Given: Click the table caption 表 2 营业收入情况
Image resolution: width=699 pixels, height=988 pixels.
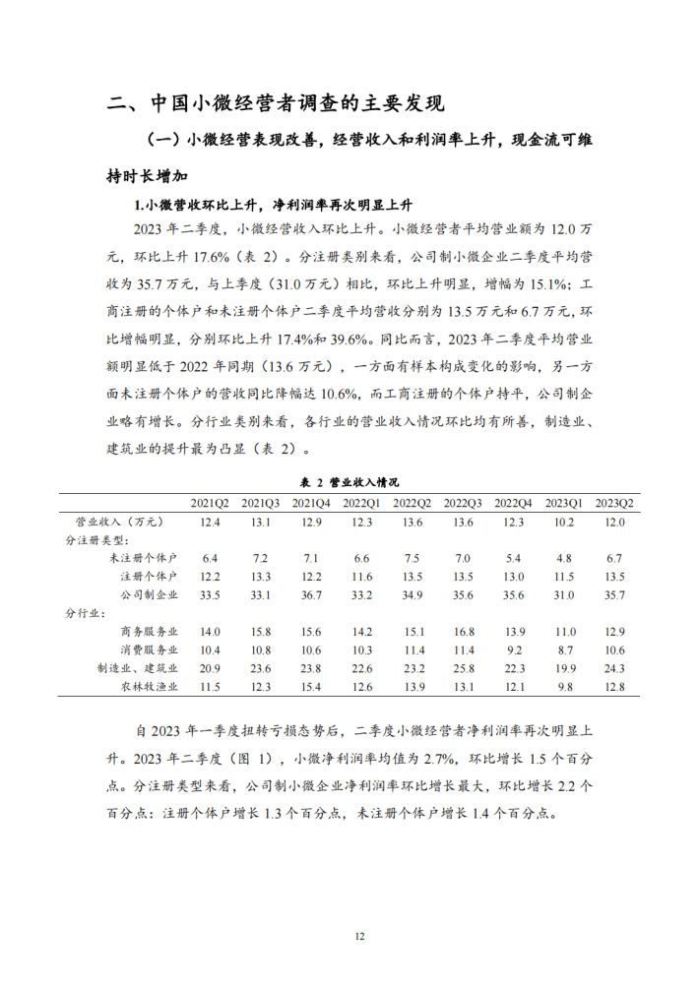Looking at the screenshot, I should pos(349,482).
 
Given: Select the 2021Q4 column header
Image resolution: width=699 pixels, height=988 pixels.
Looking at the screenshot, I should pos(311,502).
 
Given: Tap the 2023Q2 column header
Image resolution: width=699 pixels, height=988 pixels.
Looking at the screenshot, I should pos(615,502).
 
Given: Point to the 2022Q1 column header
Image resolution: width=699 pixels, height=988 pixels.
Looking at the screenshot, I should pos(361,502).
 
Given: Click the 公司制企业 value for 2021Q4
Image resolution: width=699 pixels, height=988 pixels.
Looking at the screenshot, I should pos(311,594).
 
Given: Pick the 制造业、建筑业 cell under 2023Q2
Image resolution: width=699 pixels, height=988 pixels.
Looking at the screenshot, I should pos(615,668).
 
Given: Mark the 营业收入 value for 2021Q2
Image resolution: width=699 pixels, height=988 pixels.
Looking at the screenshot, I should pos(210,521).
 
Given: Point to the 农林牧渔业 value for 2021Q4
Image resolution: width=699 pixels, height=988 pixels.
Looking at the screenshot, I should pos(311,686).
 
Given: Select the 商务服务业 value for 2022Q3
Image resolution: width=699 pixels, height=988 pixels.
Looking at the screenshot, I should pos(463,631).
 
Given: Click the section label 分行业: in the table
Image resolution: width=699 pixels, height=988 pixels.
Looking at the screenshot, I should pos(86,613).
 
